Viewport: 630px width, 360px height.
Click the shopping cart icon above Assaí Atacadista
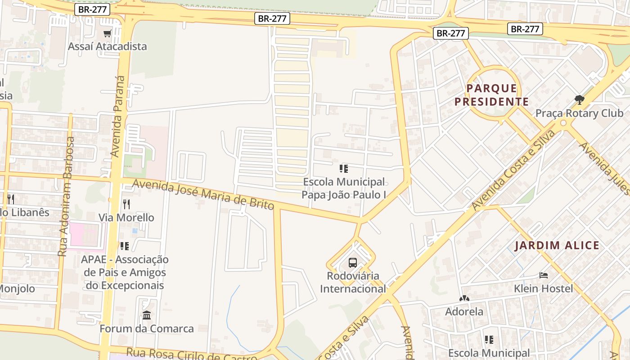click(x=107, y=34)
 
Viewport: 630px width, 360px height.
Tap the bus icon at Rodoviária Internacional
click(x=353, y=263)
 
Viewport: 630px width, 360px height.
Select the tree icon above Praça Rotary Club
click(x=579, y=99)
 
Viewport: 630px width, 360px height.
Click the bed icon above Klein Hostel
click(x=544, y=275)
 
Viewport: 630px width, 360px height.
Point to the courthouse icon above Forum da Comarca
click(x=147, y=315)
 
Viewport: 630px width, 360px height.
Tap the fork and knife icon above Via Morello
click(x=126, y=204)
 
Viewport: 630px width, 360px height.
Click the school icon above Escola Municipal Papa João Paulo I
click(x=344, y=169)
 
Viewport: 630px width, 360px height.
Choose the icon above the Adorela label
click(x=464, y=298)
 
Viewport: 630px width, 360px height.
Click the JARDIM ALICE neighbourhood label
click(x=557, y=246)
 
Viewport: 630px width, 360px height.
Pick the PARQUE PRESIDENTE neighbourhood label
click(x=491, y=95)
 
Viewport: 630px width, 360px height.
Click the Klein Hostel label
click(x=544, y=288)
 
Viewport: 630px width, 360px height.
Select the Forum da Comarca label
click(x=147, y=328)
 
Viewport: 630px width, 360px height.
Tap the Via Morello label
click(x=126, y=218)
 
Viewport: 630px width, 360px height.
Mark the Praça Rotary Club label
click(x=579, y=113)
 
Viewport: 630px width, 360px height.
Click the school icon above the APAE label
click(x=125, y=246)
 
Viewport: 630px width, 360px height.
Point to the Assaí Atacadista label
click(x=107, y=46)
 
